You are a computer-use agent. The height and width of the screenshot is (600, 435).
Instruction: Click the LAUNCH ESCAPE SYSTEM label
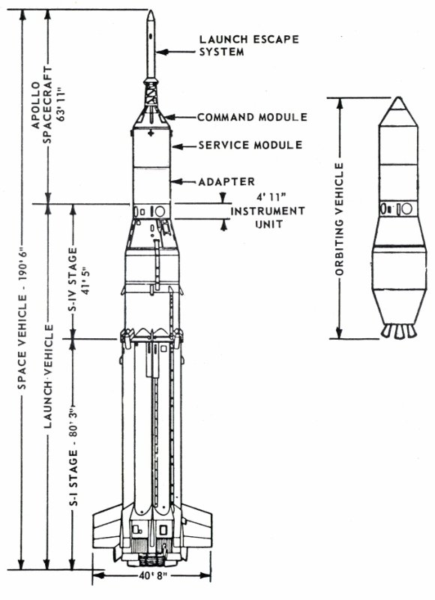[249, 46]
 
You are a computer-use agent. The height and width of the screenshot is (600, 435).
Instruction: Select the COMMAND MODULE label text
[253, 117]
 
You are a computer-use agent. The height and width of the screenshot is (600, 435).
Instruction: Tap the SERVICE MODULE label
[250, 145]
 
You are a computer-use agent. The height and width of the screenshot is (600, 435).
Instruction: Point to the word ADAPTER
[226, 181]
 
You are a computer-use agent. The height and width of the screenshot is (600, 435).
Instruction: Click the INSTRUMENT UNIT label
[268, 217]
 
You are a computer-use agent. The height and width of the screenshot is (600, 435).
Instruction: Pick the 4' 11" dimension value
[271, 197]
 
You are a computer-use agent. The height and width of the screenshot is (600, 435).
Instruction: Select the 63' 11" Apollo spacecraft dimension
[61, 104]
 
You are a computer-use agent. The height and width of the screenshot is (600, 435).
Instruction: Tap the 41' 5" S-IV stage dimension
[85, 280]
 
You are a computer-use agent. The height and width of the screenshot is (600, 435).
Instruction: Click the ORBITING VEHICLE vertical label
[339, 219]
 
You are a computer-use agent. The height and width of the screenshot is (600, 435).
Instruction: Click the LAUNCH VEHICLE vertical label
[48, 376]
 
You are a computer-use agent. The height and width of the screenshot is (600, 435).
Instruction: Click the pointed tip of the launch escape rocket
[151, 10]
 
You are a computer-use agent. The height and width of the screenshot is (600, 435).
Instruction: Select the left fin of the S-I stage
[108, 527]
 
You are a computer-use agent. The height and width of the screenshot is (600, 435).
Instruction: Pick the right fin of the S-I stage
[196, 527]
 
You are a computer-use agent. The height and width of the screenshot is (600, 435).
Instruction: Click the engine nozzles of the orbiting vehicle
[399, 331]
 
